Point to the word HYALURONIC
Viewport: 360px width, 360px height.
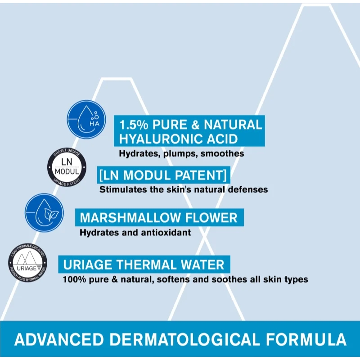pyautogui.click(x=162, y=138)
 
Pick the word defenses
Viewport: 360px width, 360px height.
pyautogui.click(x=247, y=189)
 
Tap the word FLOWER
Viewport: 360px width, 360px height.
pyautogui.click(x=212, y=218)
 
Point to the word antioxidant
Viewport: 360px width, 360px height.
pyautogui.click(x=168, y=233)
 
